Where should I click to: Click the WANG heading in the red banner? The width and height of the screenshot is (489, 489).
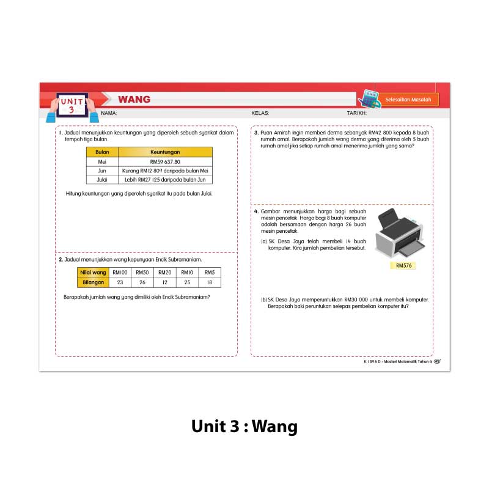(x=134, y=100)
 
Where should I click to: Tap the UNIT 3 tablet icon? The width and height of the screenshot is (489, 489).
(x=72, y=106)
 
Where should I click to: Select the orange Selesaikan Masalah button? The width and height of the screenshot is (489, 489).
(x=408, y=100)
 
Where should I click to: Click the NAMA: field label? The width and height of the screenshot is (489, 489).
(x=109, y=113)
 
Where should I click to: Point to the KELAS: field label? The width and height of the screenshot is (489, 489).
(x=260, y=113)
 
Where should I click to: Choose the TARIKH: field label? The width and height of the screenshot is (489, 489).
(x=356, y=113)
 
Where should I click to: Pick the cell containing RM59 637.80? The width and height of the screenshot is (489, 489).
(x=165, y=162)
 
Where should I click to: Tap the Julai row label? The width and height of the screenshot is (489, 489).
(x=102, y=180)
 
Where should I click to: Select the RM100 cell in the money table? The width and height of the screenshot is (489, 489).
(x=120, y=273)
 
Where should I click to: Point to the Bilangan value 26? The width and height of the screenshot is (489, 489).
(x=142, y=282)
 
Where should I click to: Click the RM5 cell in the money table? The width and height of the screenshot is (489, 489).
(x=210, y=273)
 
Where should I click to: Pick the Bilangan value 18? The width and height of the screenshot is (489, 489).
(x=210, y=282)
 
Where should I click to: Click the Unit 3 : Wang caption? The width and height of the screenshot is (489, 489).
(x=244, y=426)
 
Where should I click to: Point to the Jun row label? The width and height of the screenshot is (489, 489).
(x=102, y=171)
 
